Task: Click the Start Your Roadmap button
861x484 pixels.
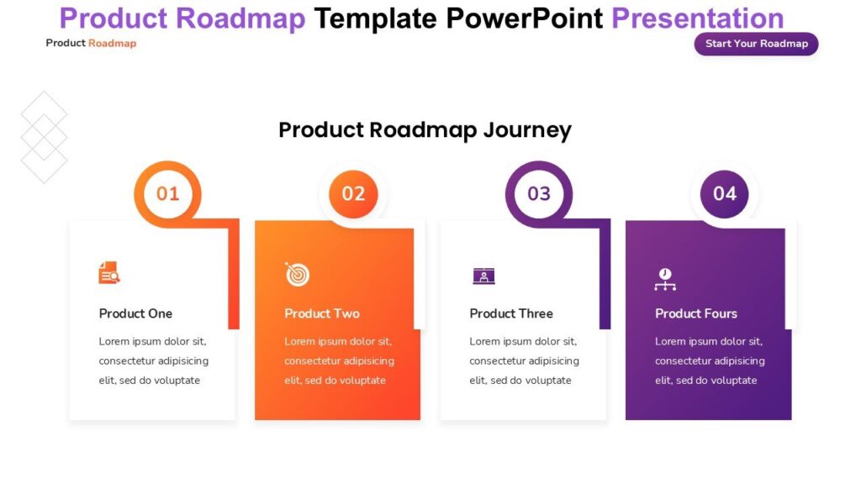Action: [x=756, y=44]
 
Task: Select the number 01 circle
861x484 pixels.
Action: [x=168, y=194]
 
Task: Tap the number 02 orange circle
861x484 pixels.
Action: [x=353, y=194]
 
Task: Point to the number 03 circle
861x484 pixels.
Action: [x=539, y=194]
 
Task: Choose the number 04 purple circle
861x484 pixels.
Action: [x=725, y=194]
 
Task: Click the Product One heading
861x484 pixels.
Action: [x=135, y=313]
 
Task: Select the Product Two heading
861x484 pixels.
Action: [x=322, y=313]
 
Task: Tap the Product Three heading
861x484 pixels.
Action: [x=511, y=313]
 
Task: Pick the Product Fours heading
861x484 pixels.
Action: [x=696, y=313]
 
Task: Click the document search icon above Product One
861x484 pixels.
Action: [x=109, y=273]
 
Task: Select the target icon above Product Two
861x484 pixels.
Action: [x=297, y=274]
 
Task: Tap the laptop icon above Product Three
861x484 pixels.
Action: [x=483, y=275]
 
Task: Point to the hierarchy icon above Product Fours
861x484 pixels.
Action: [x=665, y=280]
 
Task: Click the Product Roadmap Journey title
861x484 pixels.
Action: [x=425, y=130]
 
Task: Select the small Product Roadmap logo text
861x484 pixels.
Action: [x=91, y=43]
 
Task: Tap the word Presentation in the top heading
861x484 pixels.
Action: [x=697, y=18]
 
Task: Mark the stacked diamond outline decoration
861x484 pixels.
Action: [x=44, y=136]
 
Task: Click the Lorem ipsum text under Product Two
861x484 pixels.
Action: [x=339, y=360]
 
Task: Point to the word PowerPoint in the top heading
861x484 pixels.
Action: [x=524, y=18]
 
